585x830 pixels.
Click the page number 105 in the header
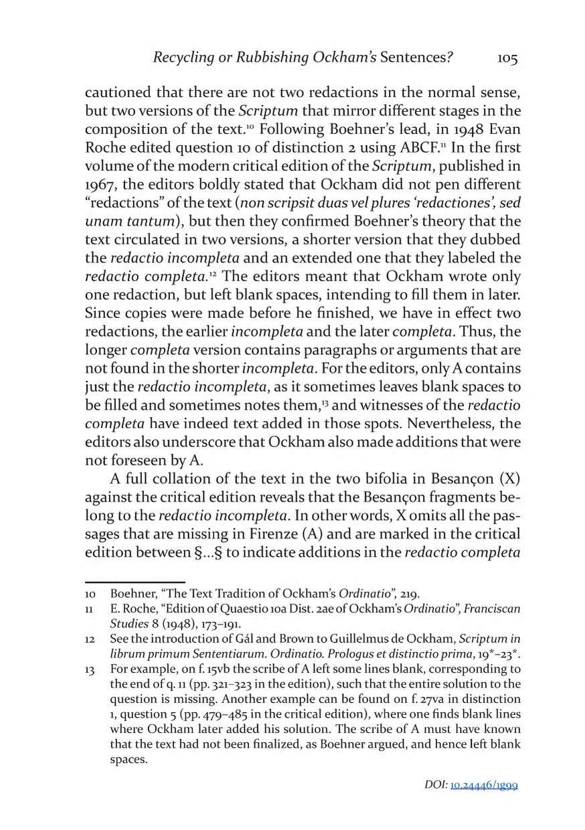507,59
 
